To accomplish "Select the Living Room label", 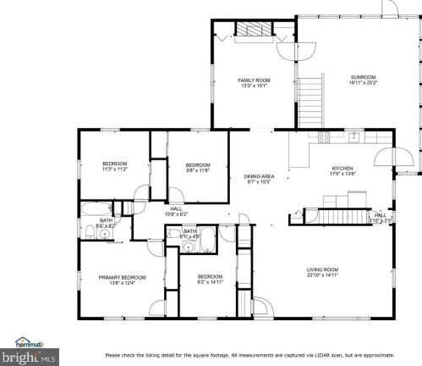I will [x=322, y=269].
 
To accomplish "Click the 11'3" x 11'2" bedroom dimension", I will [x=114, y=169].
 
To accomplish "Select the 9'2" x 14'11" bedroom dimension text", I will [x=209, y=282].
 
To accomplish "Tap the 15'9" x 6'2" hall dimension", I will [x=176, y=213].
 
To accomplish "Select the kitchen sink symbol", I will [x=356, y=137].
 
